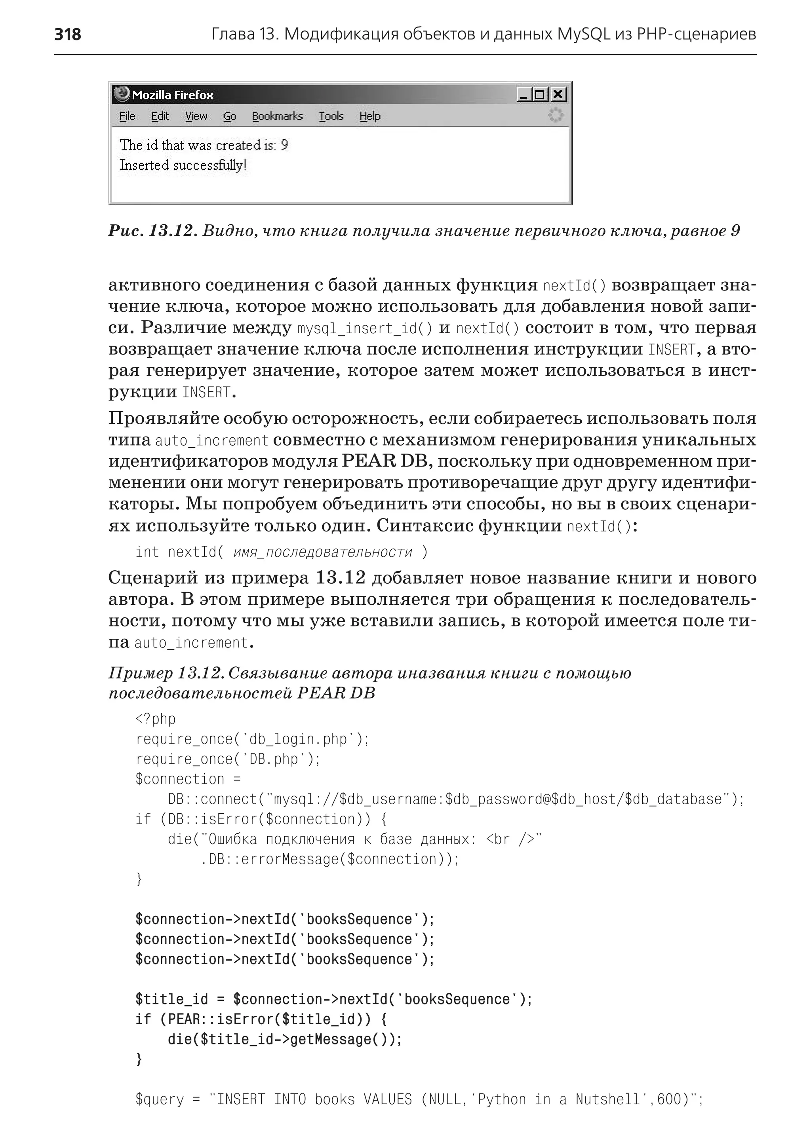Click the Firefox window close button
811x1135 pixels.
pos(558,94)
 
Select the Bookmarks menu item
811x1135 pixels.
pos(277,116)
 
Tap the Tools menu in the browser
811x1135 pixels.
pos(331,116)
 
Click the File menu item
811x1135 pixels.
pos(127,116)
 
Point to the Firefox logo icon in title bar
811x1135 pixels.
pos(121,93)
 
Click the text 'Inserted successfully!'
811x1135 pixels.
pos(183,165)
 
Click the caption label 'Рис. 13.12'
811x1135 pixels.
pos(150,231)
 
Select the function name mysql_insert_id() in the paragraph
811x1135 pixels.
pos(365,328)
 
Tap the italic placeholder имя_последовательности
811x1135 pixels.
pos(323,552)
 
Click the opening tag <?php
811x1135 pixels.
pos(155,719)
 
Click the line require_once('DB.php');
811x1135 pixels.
pos(228,759)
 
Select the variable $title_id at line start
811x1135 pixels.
pos(171,999)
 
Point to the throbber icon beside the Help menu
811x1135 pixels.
pos(555,115)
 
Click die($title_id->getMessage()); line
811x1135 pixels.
pos(285,1039)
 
